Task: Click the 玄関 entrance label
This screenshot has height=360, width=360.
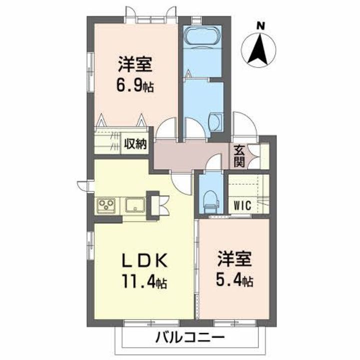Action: pos(238,155)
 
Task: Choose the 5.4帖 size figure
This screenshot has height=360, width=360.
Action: pos(234,280)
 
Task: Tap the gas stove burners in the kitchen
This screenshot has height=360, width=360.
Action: pos(107,205)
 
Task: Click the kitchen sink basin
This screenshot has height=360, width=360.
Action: pos(135,205)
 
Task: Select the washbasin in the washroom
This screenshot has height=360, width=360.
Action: pos(216,121)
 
